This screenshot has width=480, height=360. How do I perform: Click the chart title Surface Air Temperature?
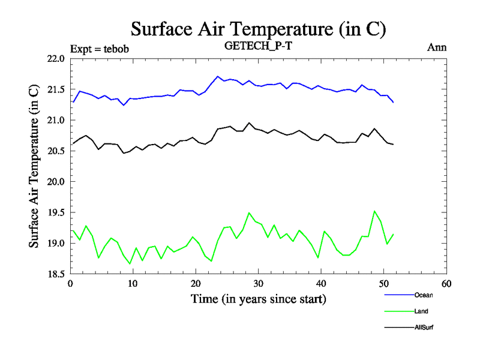click(257, 29)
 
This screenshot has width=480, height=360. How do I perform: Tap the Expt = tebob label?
click(100, 49)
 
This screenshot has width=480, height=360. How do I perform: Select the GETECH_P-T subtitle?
click(257, 47)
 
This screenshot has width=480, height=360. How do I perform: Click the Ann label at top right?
click(436, 47)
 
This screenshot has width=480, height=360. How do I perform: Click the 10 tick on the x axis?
click(133, 283)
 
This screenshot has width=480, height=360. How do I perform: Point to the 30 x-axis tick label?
click(258, 283)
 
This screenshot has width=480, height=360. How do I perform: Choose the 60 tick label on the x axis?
click(446, 283)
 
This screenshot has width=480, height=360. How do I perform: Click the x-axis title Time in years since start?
click(258, 298)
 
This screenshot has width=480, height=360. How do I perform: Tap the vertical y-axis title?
click(35, 166)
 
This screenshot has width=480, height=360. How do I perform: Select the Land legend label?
click(421, 311)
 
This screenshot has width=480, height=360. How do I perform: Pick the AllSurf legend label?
click(423, 327)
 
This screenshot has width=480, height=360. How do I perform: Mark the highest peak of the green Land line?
click(374, 211)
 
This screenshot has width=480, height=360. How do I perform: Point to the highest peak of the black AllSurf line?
click(249, 122)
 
